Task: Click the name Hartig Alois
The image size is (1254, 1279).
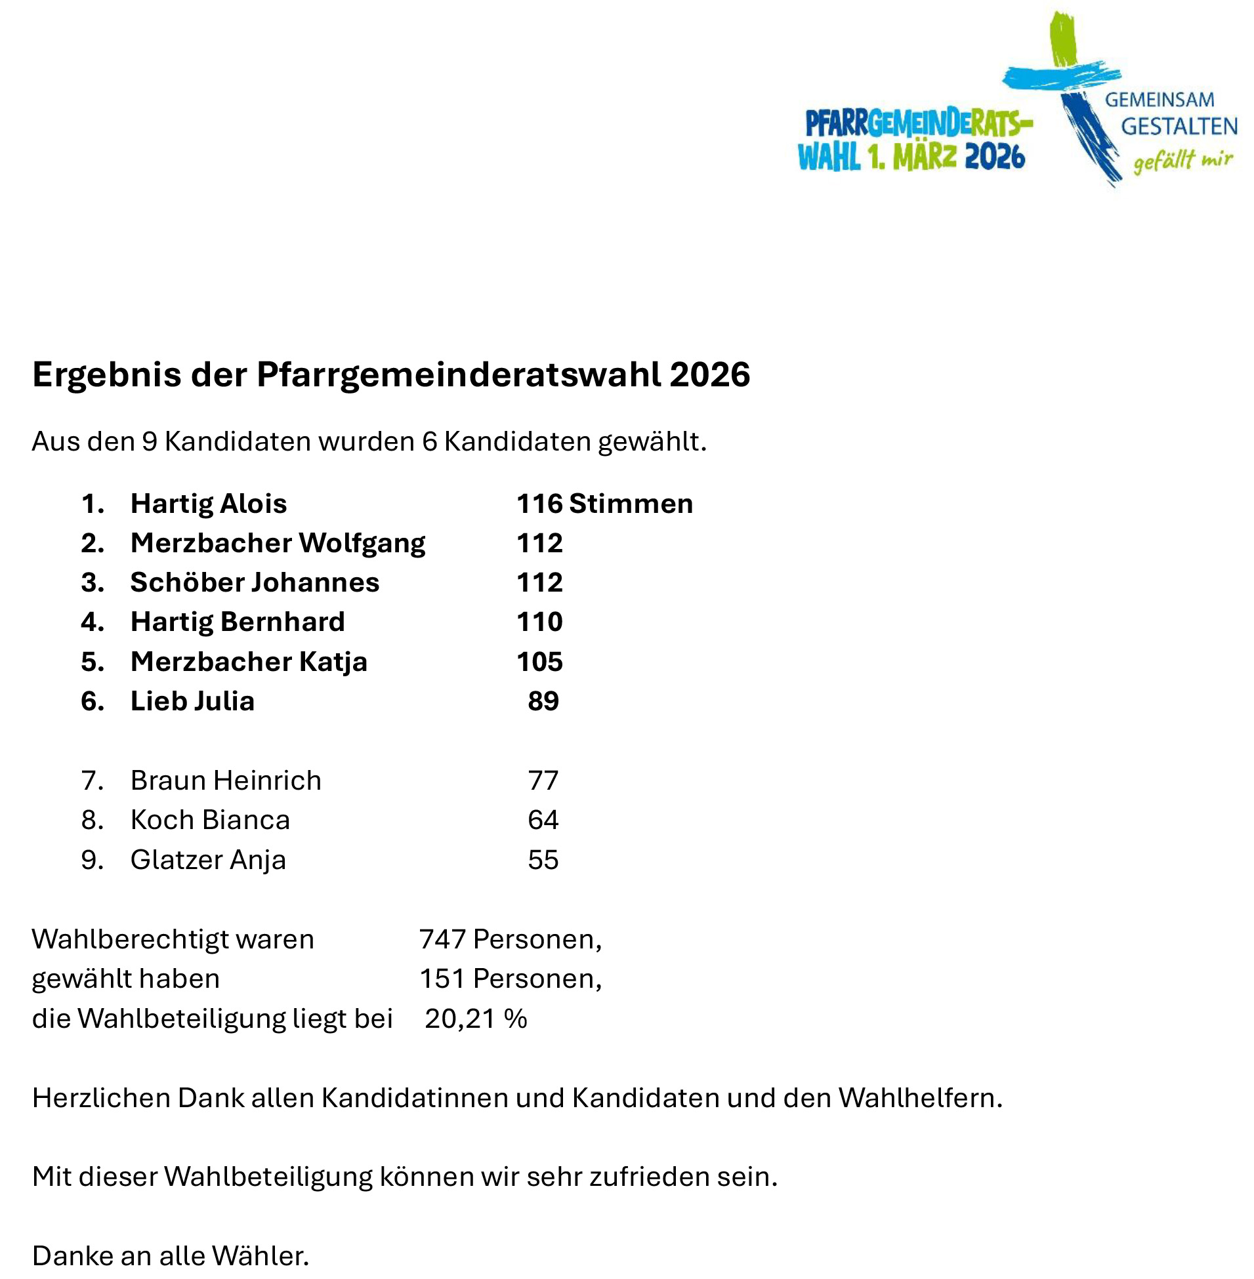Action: [x=208, y=504]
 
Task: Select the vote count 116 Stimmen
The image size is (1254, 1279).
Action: [x=604, y=504]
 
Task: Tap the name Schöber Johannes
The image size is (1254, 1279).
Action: [x=254, y=582]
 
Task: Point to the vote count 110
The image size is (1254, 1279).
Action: [x=539, y=622]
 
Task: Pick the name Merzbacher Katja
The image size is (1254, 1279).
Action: [x=248, y=662]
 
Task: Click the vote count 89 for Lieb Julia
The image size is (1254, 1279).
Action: [x=543, y=701]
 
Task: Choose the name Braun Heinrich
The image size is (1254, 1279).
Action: [x=225, y=781]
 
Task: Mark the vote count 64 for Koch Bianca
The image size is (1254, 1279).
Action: [x=543, y=820]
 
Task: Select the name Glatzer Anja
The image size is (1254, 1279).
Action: [x=207, y=861]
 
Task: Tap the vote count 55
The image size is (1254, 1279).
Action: [x=543, y=861]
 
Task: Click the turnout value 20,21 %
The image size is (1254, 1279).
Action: [x=476, y=1019]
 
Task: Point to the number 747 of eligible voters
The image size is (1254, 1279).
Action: [x=442, y=939]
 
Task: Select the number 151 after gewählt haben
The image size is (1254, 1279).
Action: [x=442, y=979]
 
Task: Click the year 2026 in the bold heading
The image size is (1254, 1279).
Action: [x=709, y=375]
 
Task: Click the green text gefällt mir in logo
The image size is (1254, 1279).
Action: [x=1182, y=160]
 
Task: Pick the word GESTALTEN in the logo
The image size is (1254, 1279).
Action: [x=1179, y=127]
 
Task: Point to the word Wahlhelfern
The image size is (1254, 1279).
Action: [x=920, y=1098]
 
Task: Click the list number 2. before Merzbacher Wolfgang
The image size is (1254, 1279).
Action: [x=93, y=543]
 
